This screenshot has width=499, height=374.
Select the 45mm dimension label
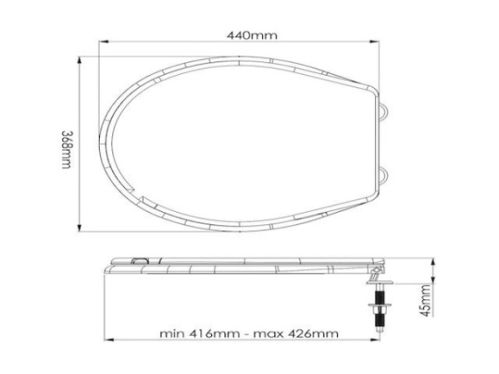(425, 301)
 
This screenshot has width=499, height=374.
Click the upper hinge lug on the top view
(383, 109)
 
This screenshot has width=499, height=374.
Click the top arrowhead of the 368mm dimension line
(81, 58)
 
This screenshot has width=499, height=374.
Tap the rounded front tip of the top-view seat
(101, 143)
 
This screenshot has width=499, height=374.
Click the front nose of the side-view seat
(106, 267)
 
